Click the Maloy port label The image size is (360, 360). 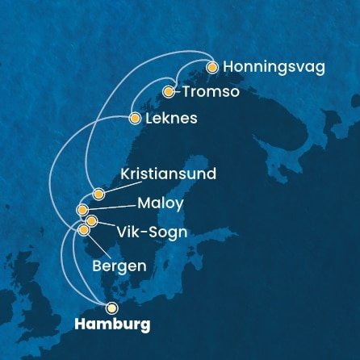pyautogui.click(x=160, y=203)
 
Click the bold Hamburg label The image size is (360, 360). pyautogui.click(x=111, y=325)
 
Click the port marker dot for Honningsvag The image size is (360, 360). pyautogui.click(x=212, y=68)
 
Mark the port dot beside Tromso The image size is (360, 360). pyautogui.click(x=170, y=92)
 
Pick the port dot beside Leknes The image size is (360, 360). pyautogui.click(x=135, y=119)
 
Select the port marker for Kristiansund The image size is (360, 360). pyautogui.click(x=98, y=194)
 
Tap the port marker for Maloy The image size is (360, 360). pyautogui.click(x=82, y=210)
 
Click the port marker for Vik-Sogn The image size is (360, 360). pyautogui.click(x=91, y=220)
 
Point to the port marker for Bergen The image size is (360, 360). pyautogui.click(x=84, y=230)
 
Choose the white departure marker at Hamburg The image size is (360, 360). pyautogui.click(x=111, y=308)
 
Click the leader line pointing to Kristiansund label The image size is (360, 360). pyautogui.click(x=109, y=187)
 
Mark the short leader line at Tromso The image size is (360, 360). pyautogui.click(x=178, y=92)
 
